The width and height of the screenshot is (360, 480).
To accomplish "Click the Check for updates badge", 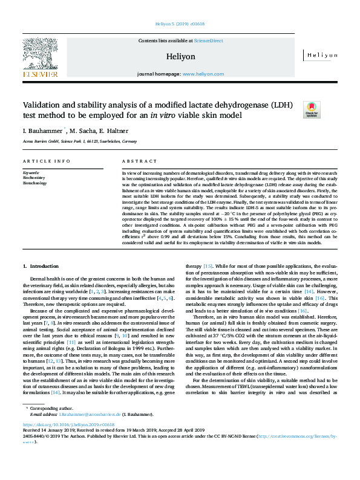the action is [311, 109].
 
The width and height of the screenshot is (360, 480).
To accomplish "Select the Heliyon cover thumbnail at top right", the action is [320, 56].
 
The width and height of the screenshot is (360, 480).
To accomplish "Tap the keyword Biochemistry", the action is [34, 178].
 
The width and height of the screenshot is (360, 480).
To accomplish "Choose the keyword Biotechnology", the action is [34, 183].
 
